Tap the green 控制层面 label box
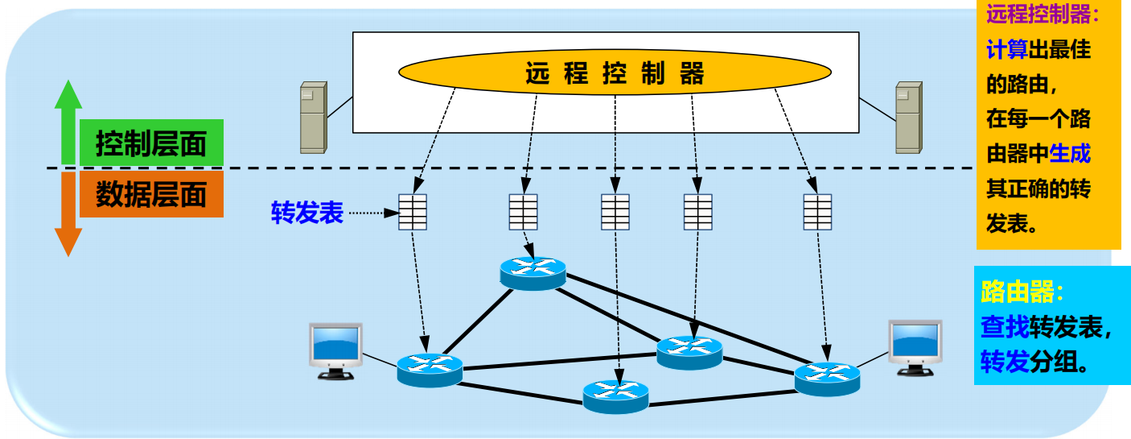point(151,145)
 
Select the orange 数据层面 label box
point(151,195)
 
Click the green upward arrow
point(68,121)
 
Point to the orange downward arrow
point(68,213)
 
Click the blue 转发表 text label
point(307,213)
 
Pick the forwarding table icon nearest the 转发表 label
point(413,213)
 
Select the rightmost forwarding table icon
point(817,213)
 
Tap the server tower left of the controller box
point(313,118)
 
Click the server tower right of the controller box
point(909,118)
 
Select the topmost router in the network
point(532,272)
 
